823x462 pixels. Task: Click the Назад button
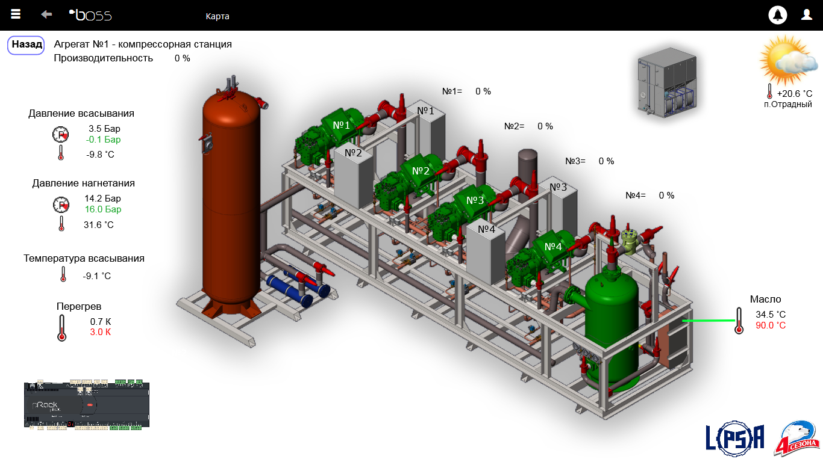26,45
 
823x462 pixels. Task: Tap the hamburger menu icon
16,14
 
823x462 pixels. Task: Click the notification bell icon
777,15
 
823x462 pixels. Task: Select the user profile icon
807,14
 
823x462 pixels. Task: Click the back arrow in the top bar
46,14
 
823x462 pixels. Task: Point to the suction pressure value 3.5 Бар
104,129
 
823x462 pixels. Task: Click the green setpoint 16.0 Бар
103,209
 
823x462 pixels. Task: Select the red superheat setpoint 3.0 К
100,332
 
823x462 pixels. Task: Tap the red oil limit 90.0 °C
771,325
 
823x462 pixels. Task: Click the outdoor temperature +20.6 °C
794,94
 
